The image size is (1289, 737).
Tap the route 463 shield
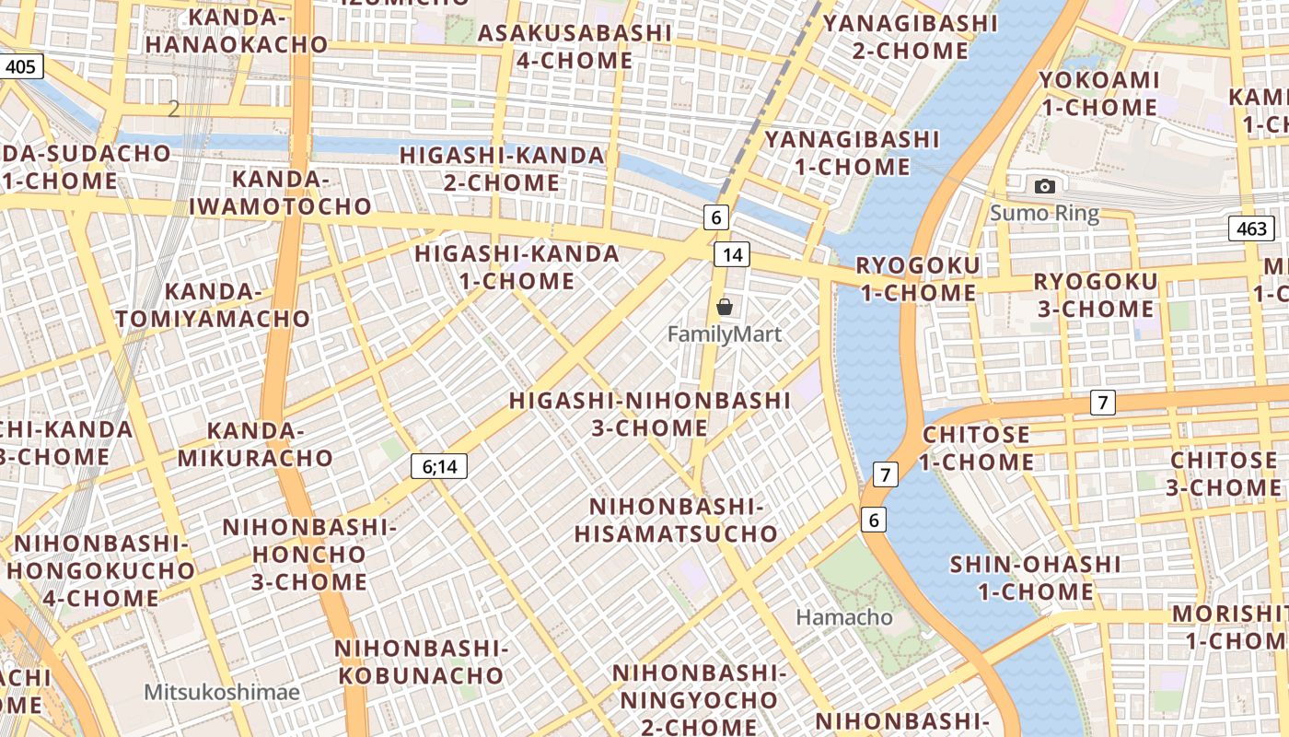(1251, 228)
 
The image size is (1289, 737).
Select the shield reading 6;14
(439, 467)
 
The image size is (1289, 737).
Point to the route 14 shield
(732, 254)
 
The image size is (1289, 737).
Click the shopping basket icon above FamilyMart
(725, 307)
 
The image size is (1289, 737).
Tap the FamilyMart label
(725, 334)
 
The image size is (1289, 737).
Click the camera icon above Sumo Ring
(1044, 187)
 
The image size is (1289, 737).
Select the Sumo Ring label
(1044, 215)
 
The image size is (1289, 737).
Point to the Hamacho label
(844, 617)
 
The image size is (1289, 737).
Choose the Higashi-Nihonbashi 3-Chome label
(650, 415)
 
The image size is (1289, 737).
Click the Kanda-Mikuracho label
(255, 444)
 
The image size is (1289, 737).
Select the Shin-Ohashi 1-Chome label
(1035, 578)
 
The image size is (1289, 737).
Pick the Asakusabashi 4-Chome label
(575, 47)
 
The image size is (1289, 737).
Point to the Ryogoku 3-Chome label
(1096, 295)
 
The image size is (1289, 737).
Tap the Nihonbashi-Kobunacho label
(421, 662)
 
